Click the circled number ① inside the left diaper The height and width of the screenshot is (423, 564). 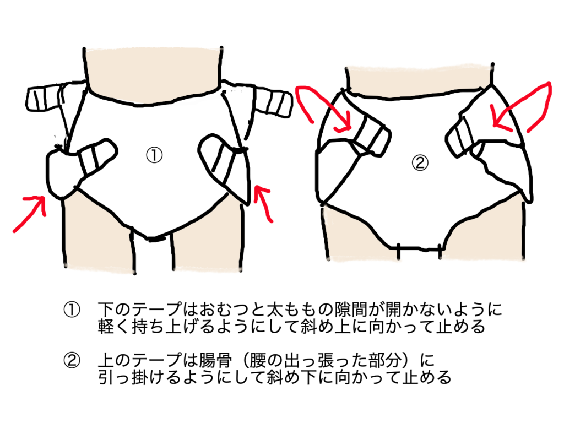pos(154,155)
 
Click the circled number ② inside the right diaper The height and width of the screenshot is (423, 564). pos(420,163)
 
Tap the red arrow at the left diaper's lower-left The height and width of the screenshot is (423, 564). pos(31,211)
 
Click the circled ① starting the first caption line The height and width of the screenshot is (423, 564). pos(72,310)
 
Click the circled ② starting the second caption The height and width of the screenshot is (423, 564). pos(72,360)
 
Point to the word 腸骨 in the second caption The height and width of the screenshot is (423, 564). pos(216,360)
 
